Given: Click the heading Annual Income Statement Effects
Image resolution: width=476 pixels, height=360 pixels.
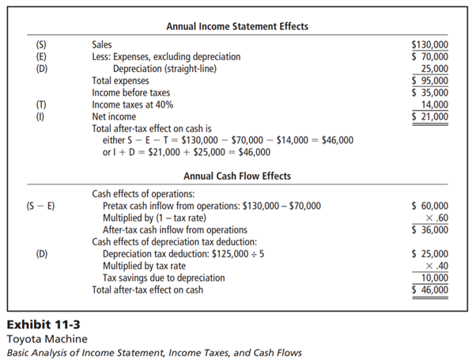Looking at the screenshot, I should [x=237, y=27].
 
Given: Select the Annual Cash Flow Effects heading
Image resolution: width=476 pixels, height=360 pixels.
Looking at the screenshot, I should [x=237, y=176].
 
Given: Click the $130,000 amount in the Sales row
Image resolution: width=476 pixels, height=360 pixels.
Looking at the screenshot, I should [x=430, y=45].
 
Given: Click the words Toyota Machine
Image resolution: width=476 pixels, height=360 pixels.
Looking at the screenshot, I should [x=41, y=338].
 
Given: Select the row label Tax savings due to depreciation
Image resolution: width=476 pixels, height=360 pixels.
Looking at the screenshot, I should [x=164, y=278].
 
